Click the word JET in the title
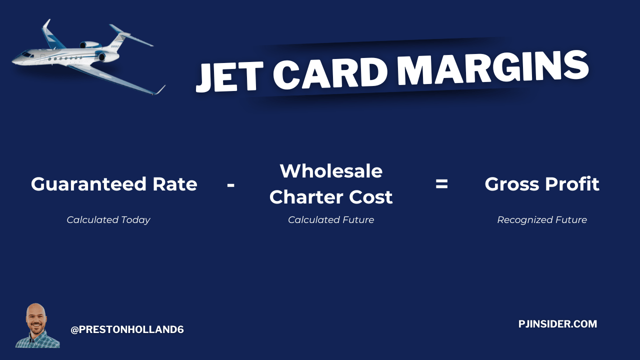pyautogui.click(x=229, y=76)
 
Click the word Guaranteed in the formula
pyautogui.click(x=89, y=184)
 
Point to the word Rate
pyautogui.click(x=175, y=184)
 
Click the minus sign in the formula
pyautogui.click(x=231, y=185)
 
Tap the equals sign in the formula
pyautogui.click(x=441, y=184)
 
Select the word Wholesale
pyautogui.click(x=331, y=171)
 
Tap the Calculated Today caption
pyautogui.click(x=108, y=220)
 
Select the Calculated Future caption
pyautogui.click(x=331, y=219)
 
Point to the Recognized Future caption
pyautogui.click(x=542, y=220)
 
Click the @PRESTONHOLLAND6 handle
pyautogui.click(x=127, y=329)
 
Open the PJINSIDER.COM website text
pyautogui.click(x=557, y=324)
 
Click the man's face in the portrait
pyautogui.click(x=36, y=320)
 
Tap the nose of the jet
pyautogui.click(x=13, y=61)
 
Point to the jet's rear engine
pyautogui.click(x=90, y=45)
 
